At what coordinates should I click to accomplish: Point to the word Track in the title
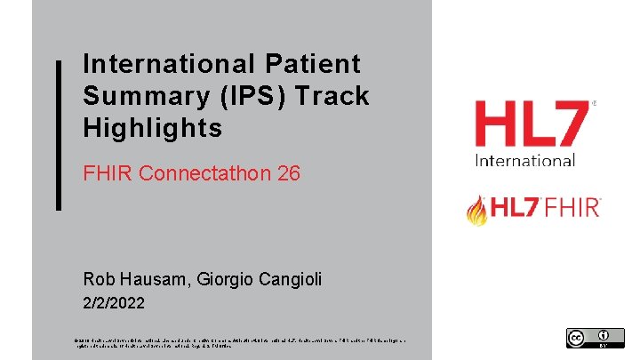[333, 96]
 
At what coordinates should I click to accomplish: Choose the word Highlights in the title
[152, 128]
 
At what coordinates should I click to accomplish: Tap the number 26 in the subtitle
[289, 173]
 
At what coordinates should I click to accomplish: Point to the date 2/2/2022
[114, 303]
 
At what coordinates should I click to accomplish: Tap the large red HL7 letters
[531, 124]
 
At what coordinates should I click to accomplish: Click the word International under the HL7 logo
[525, 161]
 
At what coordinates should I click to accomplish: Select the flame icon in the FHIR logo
[477, 210]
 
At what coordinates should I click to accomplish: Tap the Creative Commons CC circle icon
[576, 337]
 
